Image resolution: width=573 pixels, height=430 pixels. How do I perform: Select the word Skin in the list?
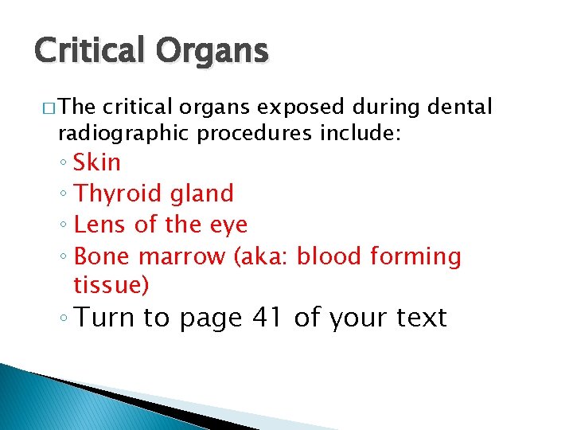tap(97, 162)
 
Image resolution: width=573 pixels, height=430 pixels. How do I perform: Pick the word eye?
tap(228, 226)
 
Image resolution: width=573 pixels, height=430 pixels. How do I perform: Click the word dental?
tap(461, 107)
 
